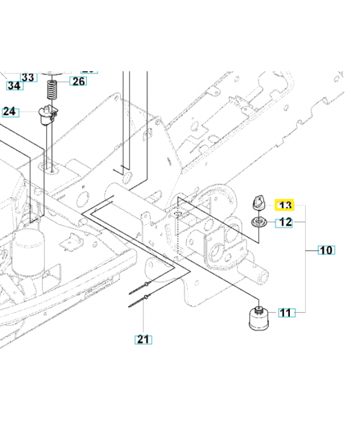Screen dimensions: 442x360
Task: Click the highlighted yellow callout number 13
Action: point(285,206)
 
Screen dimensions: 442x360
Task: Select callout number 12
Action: point(285,223)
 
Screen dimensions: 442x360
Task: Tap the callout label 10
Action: point(326,250)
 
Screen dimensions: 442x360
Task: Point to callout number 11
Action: point(285,313)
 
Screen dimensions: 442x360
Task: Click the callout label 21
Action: point(144,339)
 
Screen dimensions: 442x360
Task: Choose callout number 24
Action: point(10,112)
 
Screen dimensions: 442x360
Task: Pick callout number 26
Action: point(78,82)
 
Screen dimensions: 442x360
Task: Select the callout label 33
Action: point(28,76)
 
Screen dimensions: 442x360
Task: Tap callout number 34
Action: point(14,86)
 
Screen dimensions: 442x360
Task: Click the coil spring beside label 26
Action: point(53,88)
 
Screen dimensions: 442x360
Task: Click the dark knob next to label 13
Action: point(258,203)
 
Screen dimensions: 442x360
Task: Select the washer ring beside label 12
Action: point(258,223)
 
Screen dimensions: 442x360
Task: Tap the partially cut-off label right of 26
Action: point(88,71)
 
